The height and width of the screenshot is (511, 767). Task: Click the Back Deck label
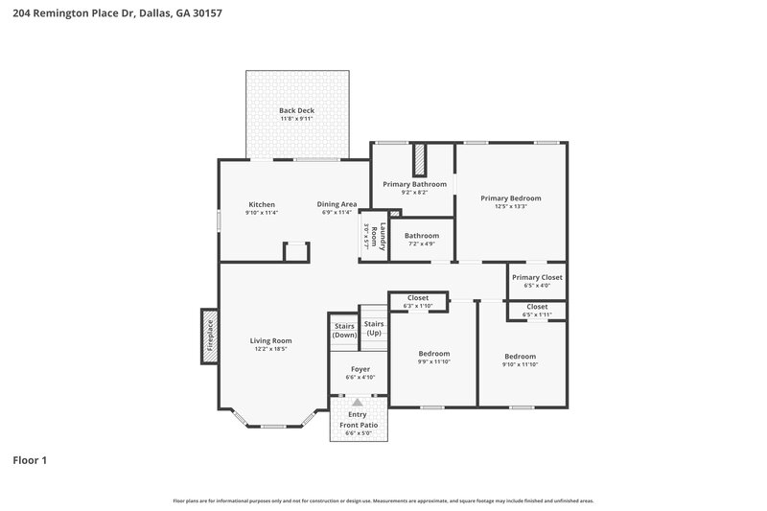pyautogui.click(x=296, y=110)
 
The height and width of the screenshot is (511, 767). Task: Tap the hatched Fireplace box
pyautogui.click(x=209, y=337)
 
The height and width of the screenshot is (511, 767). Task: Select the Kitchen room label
pyautogui.click(x=262, y=204)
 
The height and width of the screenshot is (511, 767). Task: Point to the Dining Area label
pyautogui.click(x=337, y=204)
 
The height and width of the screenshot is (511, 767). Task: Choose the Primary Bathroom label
pyautogui.click(x=414, y=183)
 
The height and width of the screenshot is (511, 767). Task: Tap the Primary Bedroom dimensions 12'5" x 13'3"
pyautogui.click(x=511, y=206)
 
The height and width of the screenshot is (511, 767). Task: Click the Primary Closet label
pyautogui.click(x=537, y=277)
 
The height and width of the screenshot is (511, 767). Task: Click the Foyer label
pyautogui.click(x=360, y=369)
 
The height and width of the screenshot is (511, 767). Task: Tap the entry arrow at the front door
pyautogui.click(x=359, y=403)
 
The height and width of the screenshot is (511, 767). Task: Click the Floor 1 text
pyautogui.click(x=29, y=460)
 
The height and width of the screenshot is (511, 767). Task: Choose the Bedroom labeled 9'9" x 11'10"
pyautogui.click(x=433, y=354)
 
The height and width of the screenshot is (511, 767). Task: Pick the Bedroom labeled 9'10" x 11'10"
pyautogui.click(x=521, y=354)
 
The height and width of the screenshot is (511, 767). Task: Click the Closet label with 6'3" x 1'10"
pyautogui.click(x=418, y=298)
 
